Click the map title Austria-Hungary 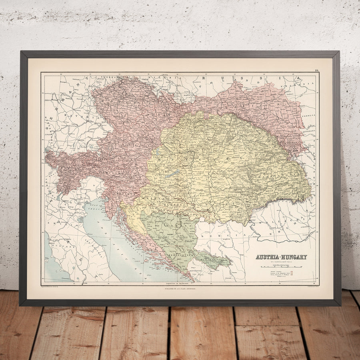(x=281, y=257)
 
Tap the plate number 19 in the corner (x=316, y=71)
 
